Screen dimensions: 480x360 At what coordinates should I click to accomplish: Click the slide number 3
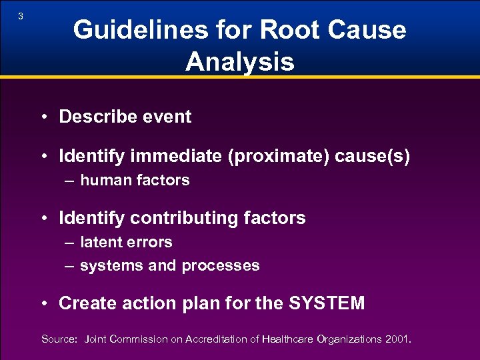click(x=21, y=17)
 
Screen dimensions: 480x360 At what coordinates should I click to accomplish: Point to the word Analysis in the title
click(x=240, y=62)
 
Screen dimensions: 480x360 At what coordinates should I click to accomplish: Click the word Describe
click(x=91, y=117)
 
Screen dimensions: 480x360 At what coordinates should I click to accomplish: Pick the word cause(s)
click(x=373, y=157)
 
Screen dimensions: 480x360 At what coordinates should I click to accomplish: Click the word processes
click(x=221, y=266)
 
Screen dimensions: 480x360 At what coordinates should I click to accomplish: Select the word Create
click(x=83, y=304)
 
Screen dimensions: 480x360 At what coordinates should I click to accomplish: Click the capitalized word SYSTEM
click(x=327, y=304)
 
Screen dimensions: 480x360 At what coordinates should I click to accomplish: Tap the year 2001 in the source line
click(x=397, y=339)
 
